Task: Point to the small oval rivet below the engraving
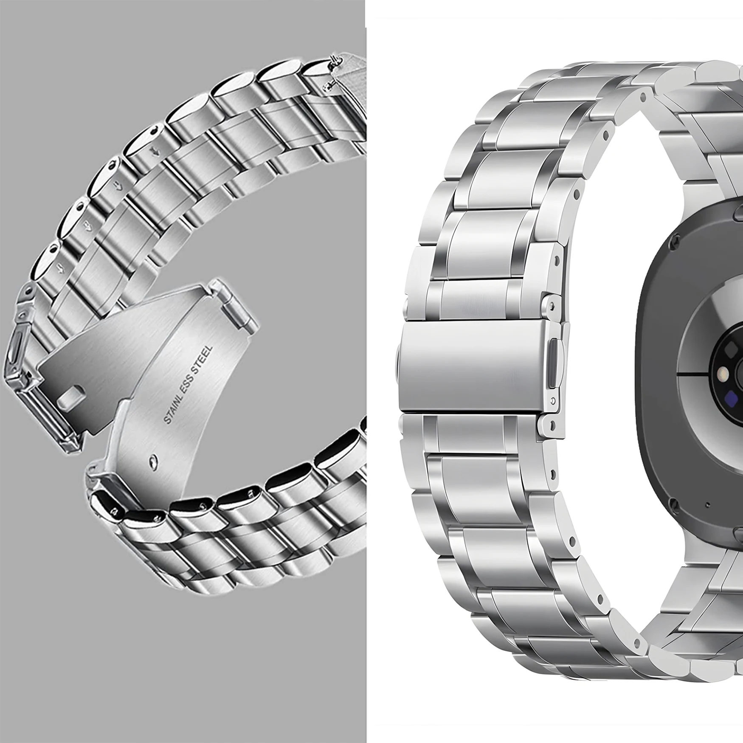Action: pos(153,462)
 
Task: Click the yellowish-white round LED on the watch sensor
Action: pos(721,374)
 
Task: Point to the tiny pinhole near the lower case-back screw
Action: pos(708,505)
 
